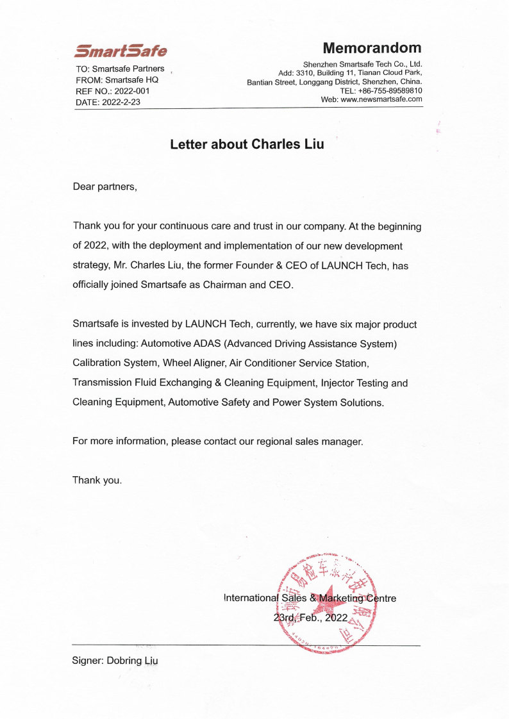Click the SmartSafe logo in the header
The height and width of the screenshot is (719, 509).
tap(121, 51)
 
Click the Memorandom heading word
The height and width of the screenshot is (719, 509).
tap(372, 48)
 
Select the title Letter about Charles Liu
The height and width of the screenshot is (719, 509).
tap(247, 144)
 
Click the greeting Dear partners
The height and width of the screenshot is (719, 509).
tap(105, 187)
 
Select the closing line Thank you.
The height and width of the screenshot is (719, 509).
tap(97, 479)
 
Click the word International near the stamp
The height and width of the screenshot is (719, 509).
tap(252, 598)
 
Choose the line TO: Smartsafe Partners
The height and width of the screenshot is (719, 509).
tap(120, 69)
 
